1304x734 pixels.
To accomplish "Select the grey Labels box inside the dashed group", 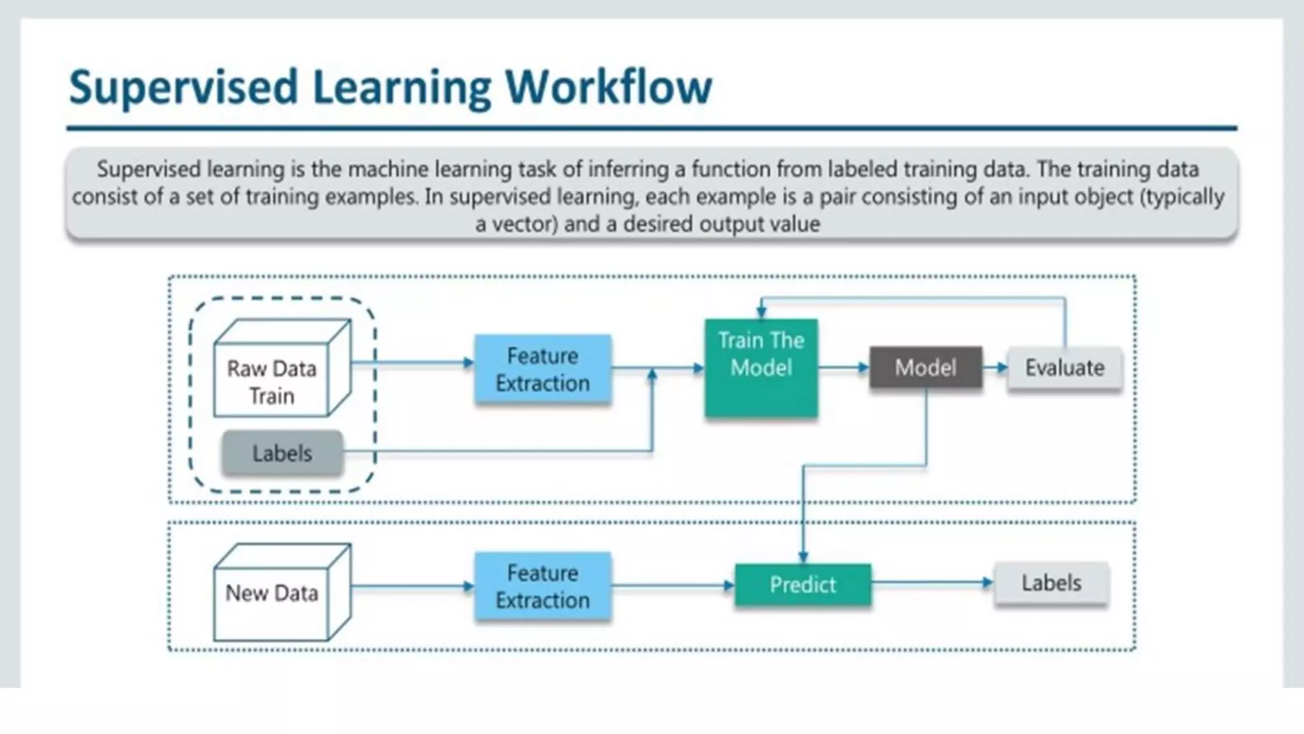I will click(282, 453).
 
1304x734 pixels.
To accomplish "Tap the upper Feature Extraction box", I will click(542, 369).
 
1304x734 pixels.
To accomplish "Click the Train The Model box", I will click(761, 368).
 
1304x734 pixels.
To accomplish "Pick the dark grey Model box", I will click(925, 367).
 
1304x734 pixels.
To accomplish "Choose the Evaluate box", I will click(1064, 368).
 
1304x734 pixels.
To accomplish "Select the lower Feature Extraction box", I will click(542, 586).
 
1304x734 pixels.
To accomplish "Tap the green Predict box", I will click(802, 584).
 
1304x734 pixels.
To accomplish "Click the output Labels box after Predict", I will click(1051, 583).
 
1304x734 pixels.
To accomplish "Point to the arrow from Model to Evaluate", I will click(995, 368).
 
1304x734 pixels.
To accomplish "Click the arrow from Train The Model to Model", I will click(844, 368).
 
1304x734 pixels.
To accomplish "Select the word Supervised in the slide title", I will click(183, 87).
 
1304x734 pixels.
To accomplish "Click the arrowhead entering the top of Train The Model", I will click(761, 312).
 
